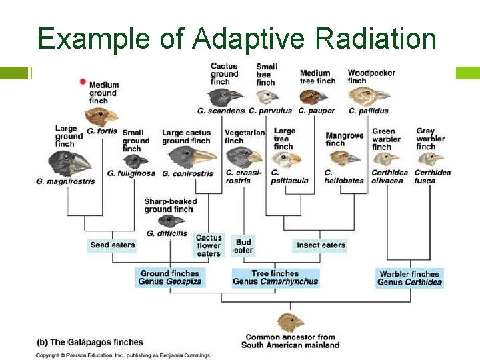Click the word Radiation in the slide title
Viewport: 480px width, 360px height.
378,39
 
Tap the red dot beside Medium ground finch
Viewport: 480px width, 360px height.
83,82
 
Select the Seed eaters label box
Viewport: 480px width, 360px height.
112,245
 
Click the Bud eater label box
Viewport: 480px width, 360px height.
243,246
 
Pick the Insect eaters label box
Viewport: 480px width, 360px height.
321,245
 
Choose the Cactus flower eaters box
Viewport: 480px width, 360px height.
209,245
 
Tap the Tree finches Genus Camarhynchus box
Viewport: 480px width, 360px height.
275,277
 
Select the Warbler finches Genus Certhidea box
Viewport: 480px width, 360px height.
409,278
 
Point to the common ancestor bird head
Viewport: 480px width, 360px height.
291,323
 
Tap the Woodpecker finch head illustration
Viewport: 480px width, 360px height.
370,95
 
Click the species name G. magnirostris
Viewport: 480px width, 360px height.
65,181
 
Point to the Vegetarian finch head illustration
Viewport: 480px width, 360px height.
242,158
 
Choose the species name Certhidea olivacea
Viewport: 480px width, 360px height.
389,177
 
